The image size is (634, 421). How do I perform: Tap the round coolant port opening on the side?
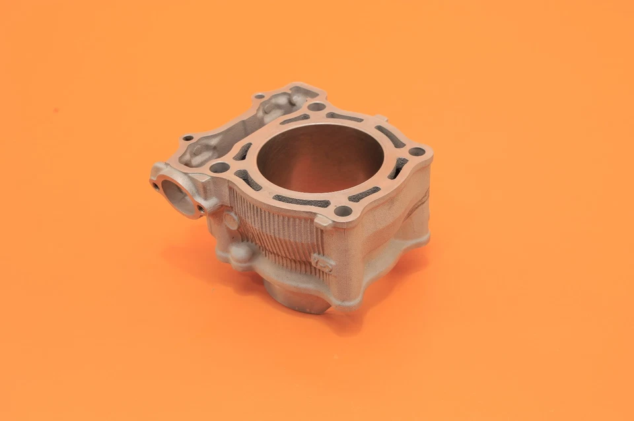pos(179,195)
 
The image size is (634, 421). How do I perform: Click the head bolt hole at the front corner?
pos(343,211)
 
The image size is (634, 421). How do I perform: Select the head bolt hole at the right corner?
pos(417,151)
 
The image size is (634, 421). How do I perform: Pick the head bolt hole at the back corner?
pos(317,106)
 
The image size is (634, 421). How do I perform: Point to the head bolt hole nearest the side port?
pos(219,168)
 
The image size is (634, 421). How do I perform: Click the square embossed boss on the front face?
pos(323,262)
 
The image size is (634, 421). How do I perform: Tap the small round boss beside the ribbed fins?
pos(231,220)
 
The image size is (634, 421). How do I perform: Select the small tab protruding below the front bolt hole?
pos(324,222)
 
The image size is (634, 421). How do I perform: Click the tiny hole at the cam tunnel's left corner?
pos(188,139)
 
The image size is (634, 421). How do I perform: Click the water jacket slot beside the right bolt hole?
pos(398,168)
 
